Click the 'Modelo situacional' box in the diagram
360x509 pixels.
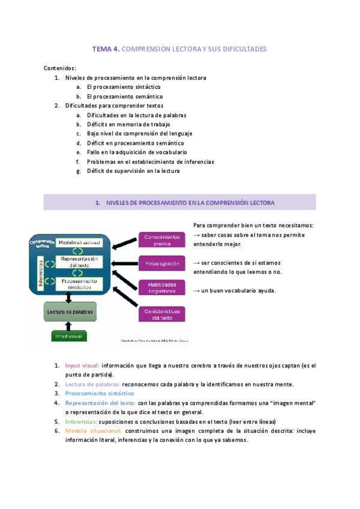(x=79, y=242)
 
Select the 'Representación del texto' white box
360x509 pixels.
(x=79, y=262)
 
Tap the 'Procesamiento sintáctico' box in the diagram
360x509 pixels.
(x=79, y=283)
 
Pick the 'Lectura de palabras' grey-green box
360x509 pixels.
(x=70, y=313)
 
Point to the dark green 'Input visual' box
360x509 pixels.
(x=69, y=336)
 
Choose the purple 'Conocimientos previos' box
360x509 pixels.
(x=161, y=240)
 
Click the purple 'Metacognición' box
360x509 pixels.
(x=161, y=263)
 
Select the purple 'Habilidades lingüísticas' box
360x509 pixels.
(x=161, y=288)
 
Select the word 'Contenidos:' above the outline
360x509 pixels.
(x=60, y=68)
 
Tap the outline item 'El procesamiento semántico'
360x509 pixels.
(x=124, y=96)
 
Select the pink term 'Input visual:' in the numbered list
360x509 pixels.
(x=83, y=365)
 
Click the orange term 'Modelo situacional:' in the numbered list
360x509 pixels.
(x=94, y=431)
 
